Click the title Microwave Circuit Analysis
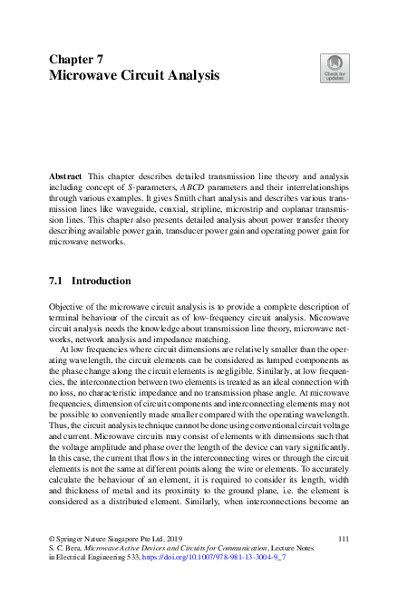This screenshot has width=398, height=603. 133,76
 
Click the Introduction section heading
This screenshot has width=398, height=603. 102,282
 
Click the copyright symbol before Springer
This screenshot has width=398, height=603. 53,564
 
